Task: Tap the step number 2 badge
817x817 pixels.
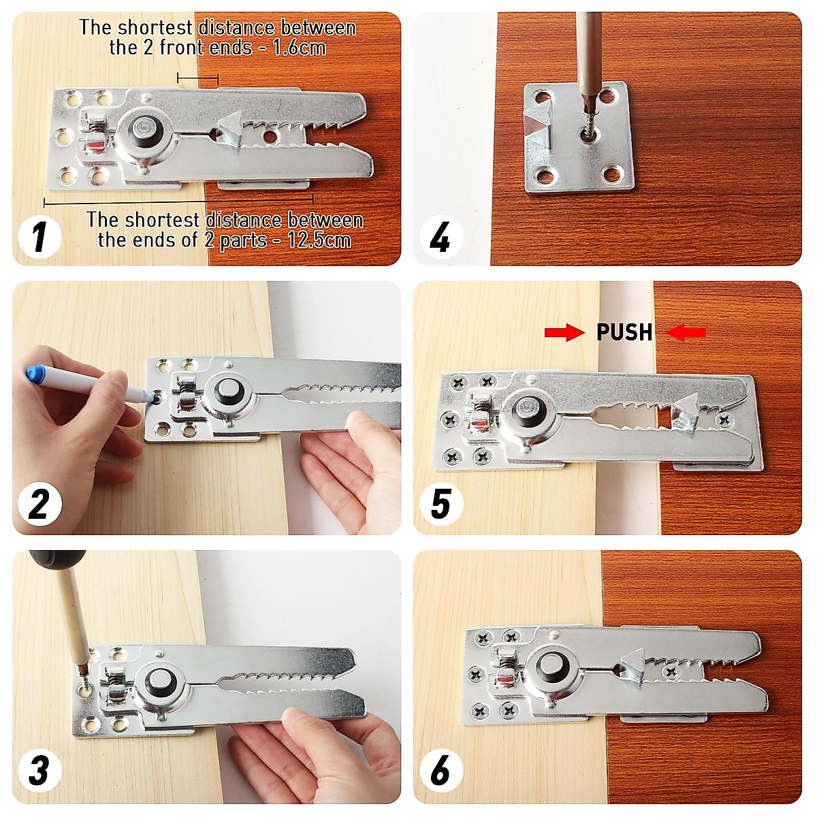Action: tap(39, 505)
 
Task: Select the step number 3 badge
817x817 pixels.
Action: tap(39, 771)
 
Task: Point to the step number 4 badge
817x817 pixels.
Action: tap(440, 238)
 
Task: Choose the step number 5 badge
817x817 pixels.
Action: tap(440, 505)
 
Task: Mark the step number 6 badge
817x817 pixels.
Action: tap(440, 771)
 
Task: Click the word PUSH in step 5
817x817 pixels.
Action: tap(624, 332)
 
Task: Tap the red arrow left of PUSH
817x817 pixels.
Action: tap(564, 332)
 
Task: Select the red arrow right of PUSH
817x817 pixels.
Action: tap(686, 332)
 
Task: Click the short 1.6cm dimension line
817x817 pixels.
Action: tap(197, 79)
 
